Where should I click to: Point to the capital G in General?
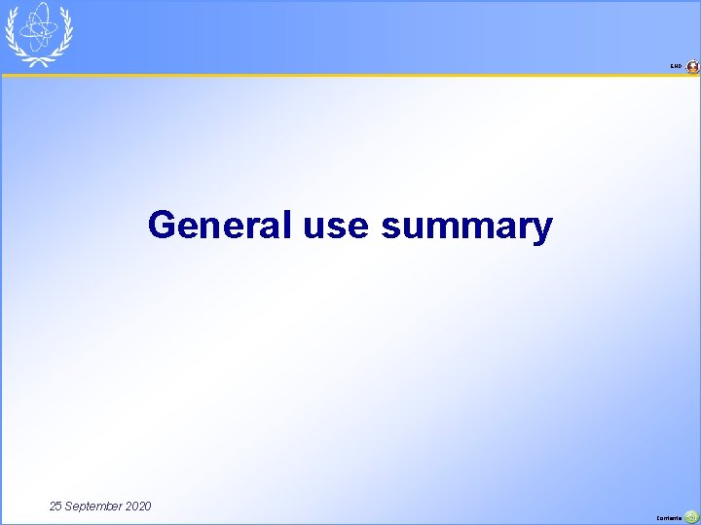tap(162, 226)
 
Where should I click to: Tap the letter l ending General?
tap(287, 225)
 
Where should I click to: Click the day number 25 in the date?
tap(56, 507)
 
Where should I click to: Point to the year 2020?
tap(138, 507)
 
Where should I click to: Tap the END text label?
tap(676, 67)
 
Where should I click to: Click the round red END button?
tap(692, 67)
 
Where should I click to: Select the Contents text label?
tap(671, 519)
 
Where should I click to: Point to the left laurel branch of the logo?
tap(13, 34)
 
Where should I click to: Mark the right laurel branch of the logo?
tap(65, 34)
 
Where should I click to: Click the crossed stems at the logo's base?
tap(39, 60)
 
